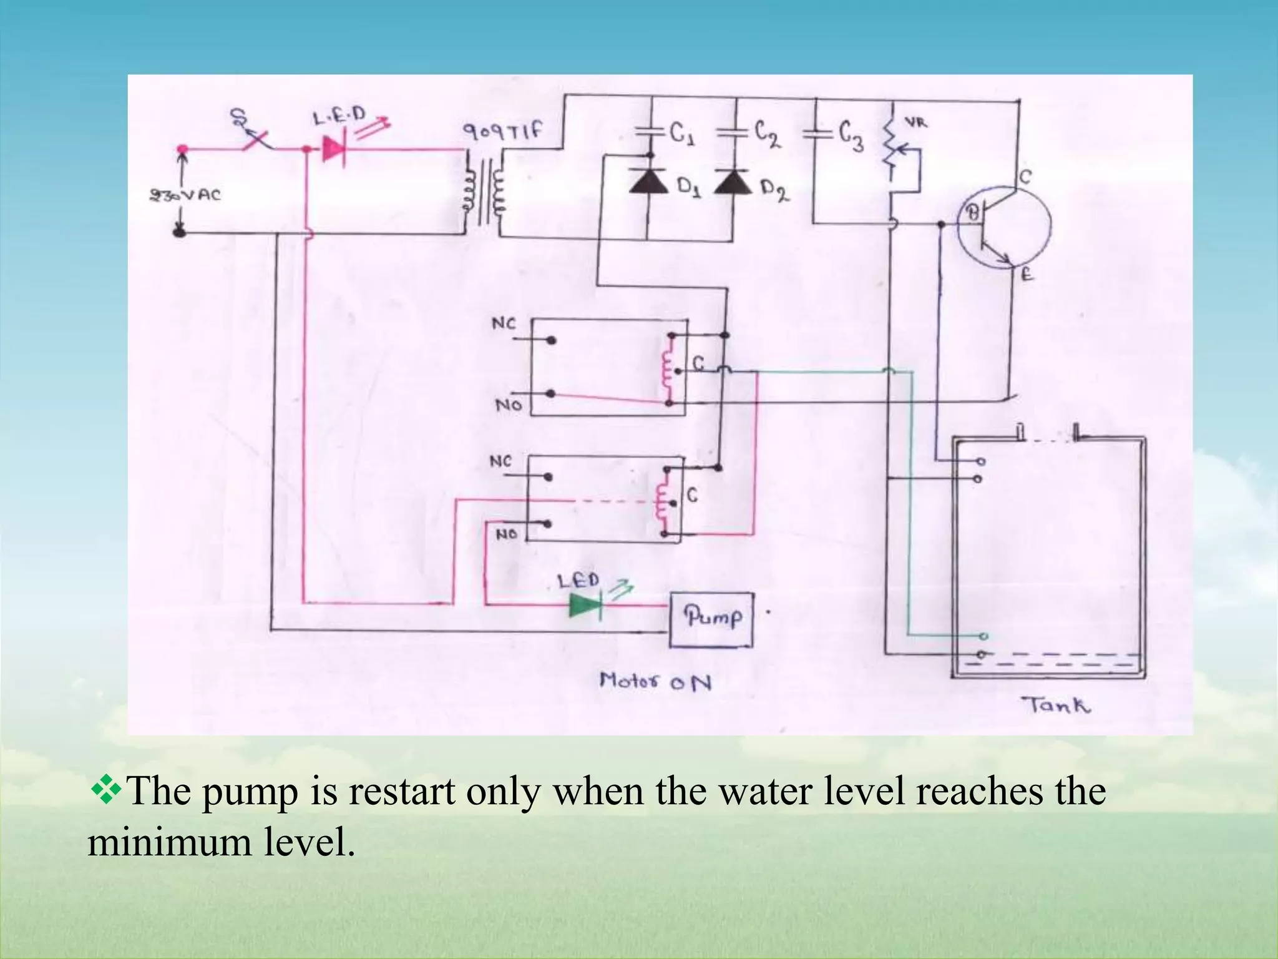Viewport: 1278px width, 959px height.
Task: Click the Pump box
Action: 711,619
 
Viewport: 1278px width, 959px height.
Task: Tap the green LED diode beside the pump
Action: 585,605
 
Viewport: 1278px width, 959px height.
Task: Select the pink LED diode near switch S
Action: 333,149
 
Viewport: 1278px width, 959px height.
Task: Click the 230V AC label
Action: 185,195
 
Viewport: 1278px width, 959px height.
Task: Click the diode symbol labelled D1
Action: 648,182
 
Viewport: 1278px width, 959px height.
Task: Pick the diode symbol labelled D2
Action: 733,182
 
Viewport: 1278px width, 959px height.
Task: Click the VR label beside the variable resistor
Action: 916,123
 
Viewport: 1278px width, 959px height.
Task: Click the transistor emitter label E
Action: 1026,274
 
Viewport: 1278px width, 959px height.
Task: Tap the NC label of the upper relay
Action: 504,323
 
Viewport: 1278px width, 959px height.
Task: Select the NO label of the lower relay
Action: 506,534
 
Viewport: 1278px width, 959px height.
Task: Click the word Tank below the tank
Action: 1056,706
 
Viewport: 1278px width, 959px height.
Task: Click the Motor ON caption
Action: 655,681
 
